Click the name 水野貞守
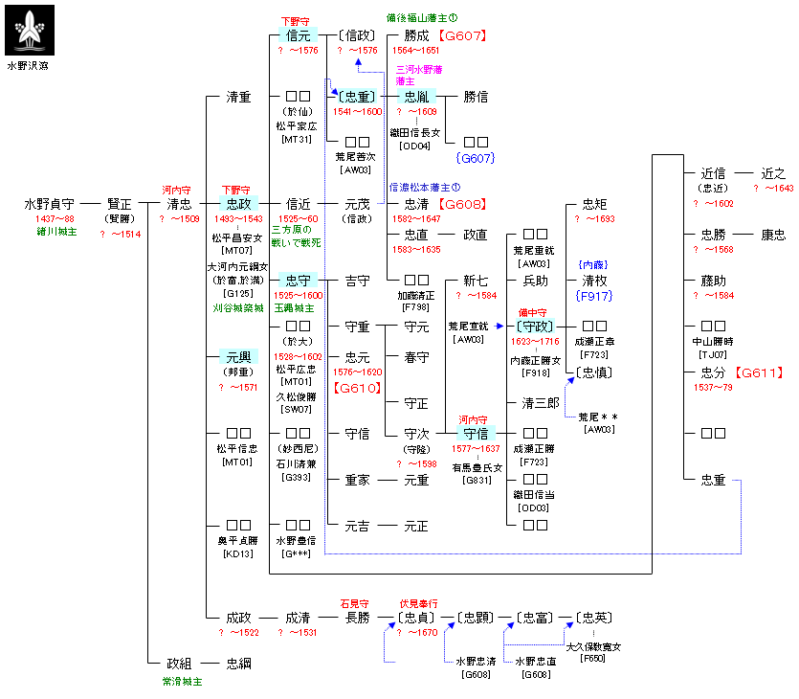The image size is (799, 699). coord(49,204)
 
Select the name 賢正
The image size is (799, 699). coord(119,204)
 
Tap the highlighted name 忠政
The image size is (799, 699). coord(236,204)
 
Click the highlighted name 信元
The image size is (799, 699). coord(297,35)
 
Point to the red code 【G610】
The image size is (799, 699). coord(356,388)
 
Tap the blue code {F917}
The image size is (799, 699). coord(593,296)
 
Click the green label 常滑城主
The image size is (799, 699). coord(182,681)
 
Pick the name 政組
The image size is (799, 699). coord(179,663)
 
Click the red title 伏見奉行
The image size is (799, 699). coord(418,604)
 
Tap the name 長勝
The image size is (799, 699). coord(357,618)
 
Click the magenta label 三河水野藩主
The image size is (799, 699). coord(419,75)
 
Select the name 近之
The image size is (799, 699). coord(773,173)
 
